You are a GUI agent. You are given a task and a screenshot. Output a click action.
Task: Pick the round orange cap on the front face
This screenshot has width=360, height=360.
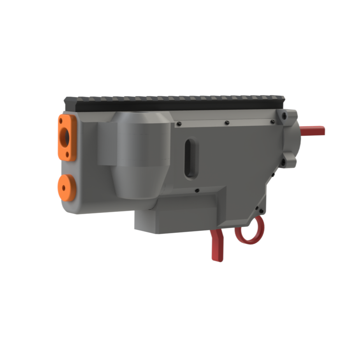[x=67, y=187]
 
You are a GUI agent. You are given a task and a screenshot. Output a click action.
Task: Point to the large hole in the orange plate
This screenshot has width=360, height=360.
[x=65, y=136]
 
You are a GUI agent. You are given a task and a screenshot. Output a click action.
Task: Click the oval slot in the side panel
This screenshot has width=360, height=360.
[x=191, y=158]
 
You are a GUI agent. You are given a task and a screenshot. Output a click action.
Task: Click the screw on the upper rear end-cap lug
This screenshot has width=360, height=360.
[x=285, y=116]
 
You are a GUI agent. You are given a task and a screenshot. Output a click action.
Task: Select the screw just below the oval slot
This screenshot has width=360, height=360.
[x=197, y=190]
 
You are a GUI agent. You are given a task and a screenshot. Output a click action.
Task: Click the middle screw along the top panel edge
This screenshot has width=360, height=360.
[x=227, y=123]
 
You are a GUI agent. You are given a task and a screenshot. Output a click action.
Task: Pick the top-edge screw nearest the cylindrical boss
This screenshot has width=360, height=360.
[x=179, y=124]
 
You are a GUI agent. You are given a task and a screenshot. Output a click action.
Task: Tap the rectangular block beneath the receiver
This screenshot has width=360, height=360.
[x=175, y=218]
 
